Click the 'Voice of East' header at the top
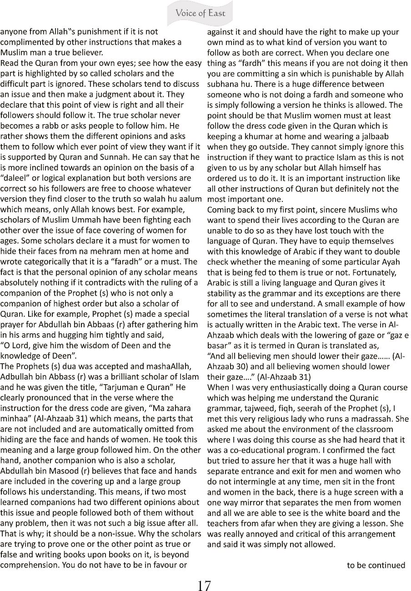pyautogui.click(x=200, y=13)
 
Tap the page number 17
pyautogui.click(x=204, y=584)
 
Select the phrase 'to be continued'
pyautogui.click(x=376, y=565)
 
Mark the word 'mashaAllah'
pyautogui.click(x=174, y=366)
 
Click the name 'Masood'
pyautogui.click(x=76, y=461)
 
